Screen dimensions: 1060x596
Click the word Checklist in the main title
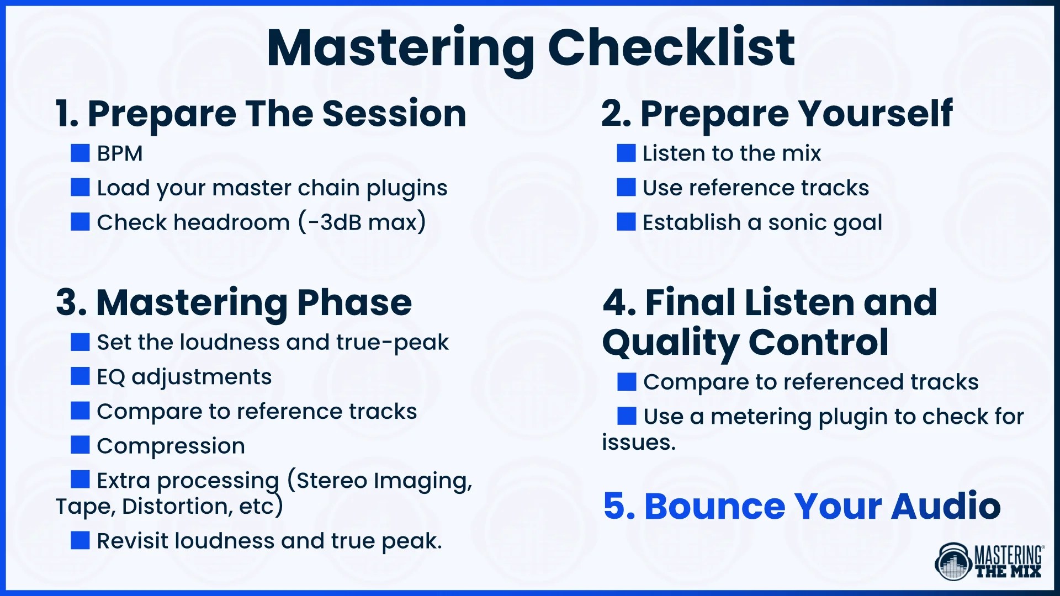tap(671, 48)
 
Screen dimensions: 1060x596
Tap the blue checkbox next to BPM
tap(80, 153)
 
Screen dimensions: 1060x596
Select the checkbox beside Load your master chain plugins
tap(80, 188)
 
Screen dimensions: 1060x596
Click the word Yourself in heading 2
tap(876, 114)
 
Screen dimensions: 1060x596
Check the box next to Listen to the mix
tap(626, 153)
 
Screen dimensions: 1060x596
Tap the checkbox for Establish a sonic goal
tap(626, 222)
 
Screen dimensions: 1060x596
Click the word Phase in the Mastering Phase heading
tap(354, 303)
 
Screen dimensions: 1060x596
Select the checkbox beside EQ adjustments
tap(80, 377)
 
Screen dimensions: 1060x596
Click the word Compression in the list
tap(171, 446)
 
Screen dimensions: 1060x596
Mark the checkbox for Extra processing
tap(80, 480)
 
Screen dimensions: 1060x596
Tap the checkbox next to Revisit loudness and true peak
tap(80, 540)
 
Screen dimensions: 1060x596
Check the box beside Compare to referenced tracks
tap(627, 381)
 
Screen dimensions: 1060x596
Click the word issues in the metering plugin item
tap(638, 443)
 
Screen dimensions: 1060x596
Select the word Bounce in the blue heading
tap(715, 506)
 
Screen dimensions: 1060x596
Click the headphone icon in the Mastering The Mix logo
tap(953, 562)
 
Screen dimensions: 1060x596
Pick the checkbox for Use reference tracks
tap(626, 188)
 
